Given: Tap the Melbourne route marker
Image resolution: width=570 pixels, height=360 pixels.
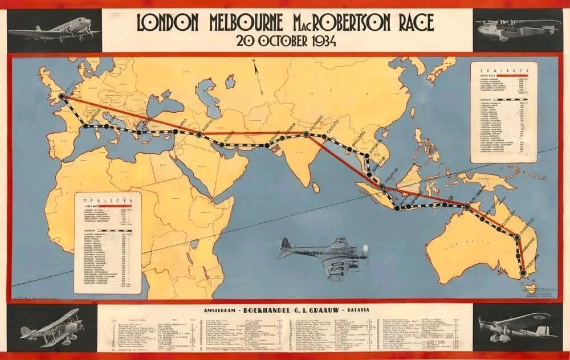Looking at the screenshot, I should (x=523, y=274).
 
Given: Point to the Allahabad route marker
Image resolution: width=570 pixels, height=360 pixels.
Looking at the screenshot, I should (x=306, y=134).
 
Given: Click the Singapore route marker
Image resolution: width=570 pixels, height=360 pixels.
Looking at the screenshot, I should (x=381, y=186).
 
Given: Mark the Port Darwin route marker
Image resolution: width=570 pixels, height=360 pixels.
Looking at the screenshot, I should (x=467, y=207).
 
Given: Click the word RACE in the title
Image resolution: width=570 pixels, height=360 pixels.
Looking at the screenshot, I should (x=411, y=22).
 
